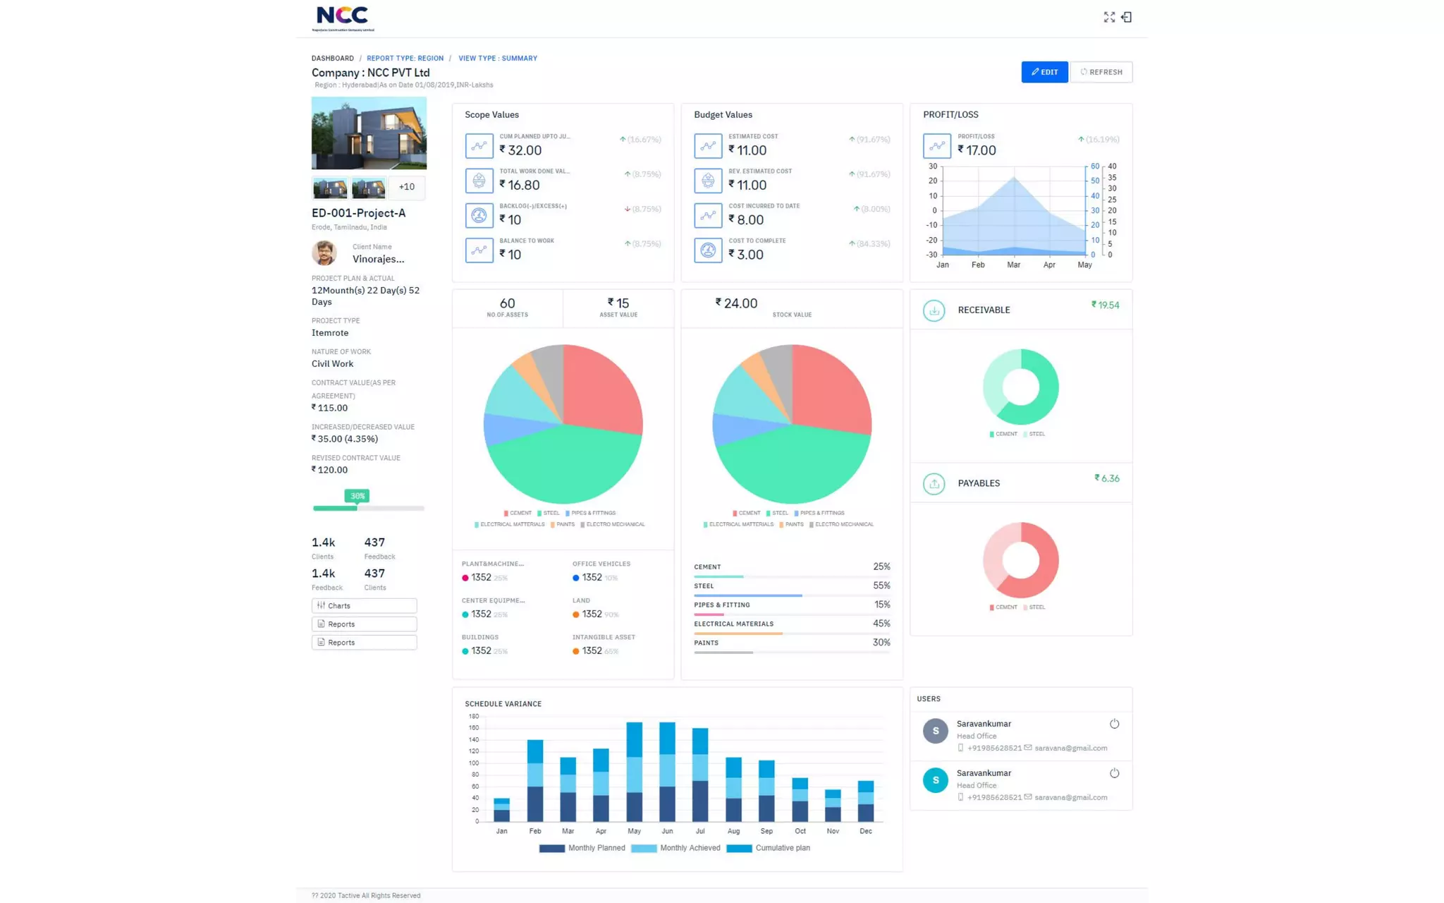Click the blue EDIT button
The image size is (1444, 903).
(x=1044, y=72)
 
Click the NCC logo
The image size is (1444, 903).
(x=343, y=18)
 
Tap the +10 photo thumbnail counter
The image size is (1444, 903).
(x=406, y=187)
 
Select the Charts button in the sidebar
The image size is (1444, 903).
(x=364, y=605)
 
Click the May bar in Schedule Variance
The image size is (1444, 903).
(x=634, y=772)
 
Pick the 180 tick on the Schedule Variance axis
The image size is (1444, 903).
(x=473, y=716)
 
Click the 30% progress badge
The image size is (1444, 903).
(x=357, y=496)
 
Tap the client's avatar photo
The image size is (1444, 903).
(x=324, y=253)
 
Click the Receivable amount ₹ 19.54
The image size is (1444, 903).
(x=1105, y=305)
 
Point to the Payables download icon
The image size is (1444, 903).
(x=934, y=483)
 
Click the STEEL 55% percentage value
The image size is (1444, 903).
(x=881, y=586)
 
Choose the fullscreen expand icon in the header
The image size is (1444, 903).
(x=1109, y=17)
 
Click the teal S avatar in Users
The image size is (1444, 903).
(x=935, y=780)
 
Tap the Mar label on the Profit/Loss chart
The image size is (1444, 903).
(x=1013, y=265)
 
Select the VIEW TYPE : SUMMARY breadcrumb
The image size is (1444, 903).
(x=497, y=59)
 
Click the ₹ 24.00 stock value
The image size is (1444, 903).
(x=736, y=303)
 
